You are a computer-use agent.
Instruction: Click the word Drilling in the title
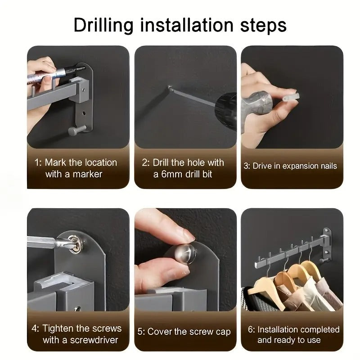coord(103,25)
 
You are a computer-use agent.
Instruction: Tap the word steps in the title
coord(263,25)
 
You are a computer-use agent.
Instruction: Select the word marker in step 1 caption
coord(87,174)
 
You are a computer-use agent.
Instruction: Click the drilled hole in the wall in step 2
coord(170,87)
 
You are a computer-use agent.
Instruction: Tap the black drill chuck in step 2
coord(226,111)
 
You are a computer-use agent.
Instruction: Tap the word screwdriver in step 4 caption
coord(94,340)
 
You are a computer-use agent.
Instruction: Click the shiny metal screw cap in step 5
coord(185,254)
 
